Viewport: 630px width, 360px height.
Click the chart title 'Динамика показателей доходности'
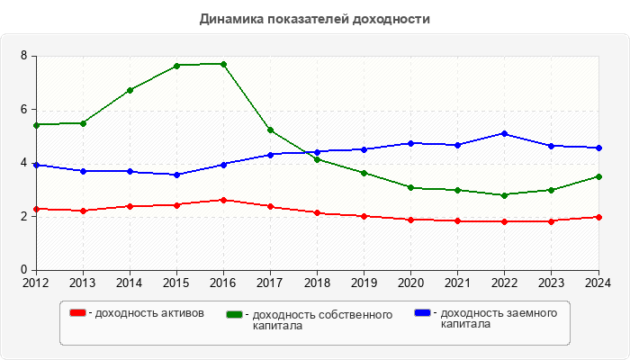(x=314, y=18)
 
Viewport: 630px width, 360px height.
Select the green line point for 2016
(x=223, y=64)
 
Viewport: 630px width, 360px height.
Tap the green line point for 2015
(x=176, y=66)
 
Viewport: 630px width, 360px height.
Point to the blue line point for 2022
(x=505, y=133)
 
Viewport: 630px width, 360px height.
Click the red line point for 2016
(x=223, y=200)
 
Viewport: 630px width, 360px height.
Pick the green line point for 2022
(x=505, y=195)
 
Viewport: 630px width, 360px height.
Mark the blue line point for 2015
(x=176, y=175)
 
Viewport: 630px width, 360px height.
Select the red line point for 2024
(x=598, y=217)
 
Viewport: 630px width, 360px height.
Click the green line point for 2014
(x=130, y=90)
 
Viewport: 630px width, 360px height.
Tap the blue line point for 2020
(x=411, y=143)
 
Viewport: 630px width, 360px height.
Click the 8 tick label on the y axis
(x=25, y=56)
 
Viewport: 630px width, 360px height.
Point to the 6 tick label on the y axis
(x=25, y=110)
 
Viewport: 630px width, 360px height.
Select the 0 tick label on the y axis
(x=25, y=270)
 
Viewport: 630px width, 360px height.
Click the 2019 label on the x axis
(x=364, y=283)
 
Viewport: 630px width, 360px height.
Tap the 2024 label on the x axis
(x=598, y=283)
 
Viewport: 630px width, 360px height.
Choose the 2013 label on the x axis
(x=83, y=283)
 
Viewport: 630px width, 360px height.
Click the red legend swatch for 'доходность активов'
(x=77, y=313)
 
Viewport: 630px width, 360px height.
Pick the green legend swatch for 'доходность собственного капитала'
(x=235, y=315)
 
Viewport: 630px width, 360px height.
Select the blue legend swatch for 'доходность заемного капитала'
(x=423, y=313)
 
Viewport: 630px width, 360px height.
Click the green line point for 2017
(x=270, y=130)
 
